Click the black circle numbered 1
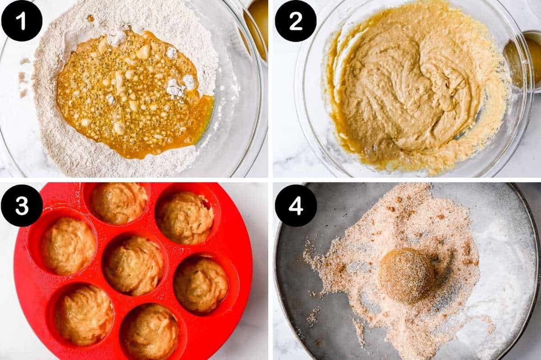22,21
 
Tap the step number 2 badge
296,21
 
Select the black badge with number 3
22,205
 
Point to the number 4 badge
296,205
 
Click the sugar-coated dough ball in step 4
406,275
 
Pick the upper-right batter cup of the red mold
185,217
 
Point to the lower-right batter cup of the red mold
201,284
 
